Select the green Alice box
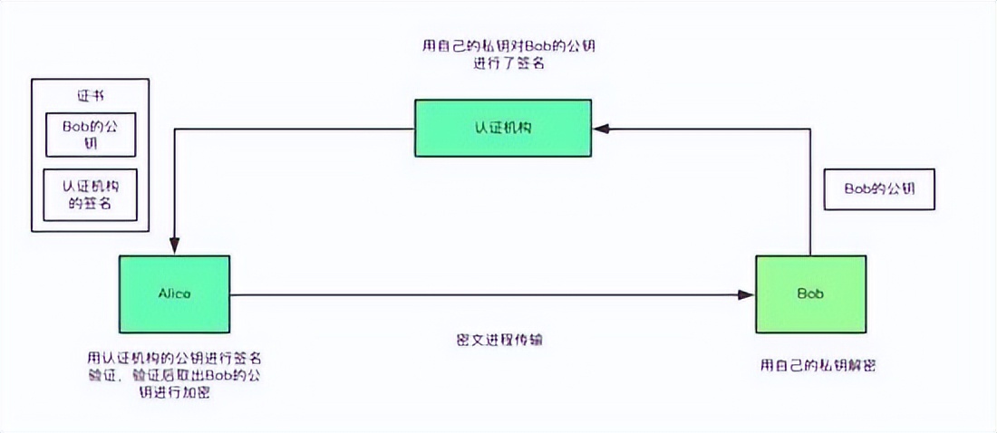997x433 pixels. (x=174, y=293)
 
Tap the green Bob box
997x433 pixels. (x=809, y=293)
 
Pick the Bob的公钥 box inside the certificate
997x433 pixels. (x=91, y=134)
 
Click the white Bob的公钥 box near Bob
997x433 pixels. (x=879, y=189)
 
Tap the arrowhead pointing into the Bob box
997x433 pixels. (x=747, y=294)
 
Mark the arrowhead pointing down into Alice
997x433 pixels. (x=174, y=245)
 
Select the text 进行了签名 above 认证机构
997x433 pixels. (x=509, y=65)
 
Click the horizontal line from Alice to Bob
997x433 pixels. (x=489, y=294)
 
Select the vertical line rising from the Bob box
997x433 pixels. (x=809, y=190)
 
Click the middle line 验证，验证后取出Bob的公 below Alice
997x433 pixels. (x=173, y=376)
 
